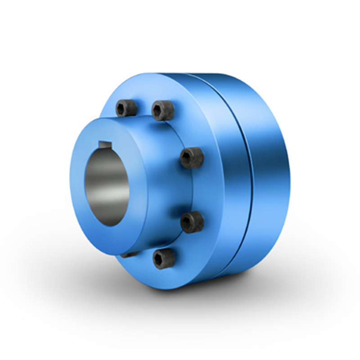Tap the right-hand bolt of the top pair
click(x=162, y=110)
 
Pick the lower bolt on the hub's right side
click(x=192, y=222)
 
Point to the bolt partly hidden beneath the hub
click(x=129, y=255)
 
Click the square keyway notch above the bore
click(x=105, y=144)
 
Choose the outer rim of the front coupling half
click(x=229, y=189)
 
